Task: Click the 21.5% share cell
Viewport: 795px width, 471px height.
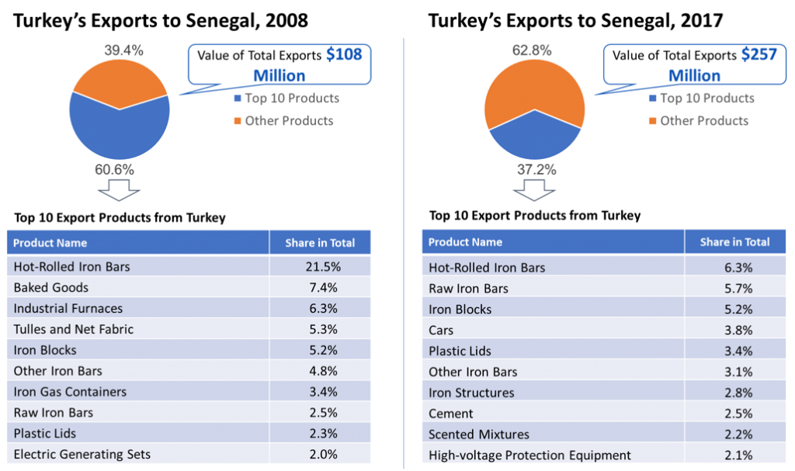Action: tap(320, 266)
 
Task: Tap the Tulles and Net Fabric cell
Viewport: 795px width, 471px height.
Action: tap(74, 329)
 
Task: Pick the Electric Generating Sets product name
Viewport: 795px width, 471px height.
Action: tap(82, 454)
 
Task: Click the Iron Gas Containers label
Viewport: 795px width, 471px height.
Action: tap(70, 392)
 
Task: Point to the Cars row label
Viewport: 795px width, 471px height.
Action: tap(441, 330)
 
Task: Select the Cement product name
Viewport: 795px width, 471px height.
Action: tap(451, 414)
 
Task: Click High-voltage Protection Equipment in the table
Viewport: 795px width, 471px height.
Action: tap(530, 455)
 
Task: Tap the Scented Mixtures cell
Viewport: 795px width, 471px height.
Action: tap(480, 435)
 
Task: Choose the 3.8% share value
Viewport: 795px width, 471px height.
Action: tap(734, 330)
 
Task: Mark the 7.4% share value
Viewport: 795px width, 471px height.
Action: tap(320, 287)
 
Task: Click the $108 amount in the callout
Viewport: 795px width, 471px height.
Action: tap(344, 55)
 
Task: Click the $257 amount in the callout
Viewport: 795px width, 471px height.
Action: tap(759, 55)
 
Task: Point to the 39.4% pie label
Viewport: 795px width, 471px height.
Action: tap(123, 50)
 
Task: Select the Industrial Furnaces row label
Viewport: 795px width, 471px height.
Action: tap(68, 308)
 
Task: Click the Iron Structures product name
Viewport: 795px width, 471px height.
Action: tap(471, 393)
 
